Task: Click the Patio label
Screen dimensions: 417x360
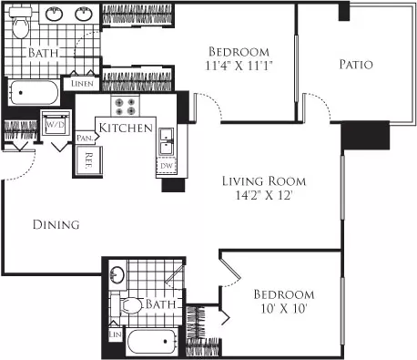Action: coord(356,65)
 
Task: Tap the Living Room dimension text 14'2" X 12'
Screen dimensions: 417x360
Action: coord(264,195)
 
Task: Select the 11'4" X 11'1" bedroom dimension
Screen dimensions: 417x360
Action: coord(239,66)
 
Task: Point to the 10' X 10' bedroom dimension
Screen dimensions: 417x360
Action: coord(284,309)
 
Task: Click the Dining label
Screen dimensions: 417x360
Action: coord(56,224)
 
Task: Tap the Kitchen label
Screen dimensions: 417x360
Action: coord(126,128)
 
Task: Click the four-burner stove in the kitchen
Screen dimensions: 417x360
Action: coord(125,106)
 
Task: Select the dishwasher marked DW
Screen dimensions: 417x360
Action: coord(167,166)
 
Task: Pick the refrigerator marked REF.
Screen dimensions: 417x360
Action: coord(88,160)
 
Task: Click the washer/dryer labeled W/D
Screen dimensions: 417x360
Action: coord(56,124)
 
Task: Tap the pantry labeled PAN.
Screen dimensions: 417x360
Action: coord(85,138)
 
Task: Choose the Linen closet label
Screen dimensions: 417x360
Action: coord(82,84)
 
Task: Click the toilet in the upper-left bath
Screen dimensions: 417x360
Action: coord(20,23)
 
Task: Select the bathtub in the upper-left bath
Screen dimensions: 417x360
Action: coord(34,92)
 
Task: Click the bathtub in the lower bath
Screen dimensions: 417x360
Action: coord(152,342)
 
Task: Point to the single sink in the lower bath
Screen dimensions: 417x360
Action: coord(117,274)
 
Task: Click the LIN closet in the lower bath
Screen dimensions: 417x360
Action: coord(116,334)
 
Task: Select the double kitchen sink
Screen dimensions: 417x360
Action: coord(167,141)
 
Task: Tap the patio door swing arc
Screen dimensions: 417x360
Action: coord(320,102)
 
